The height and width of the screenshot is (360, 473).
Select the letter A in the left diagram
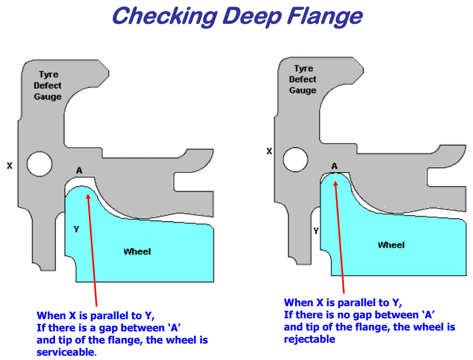[x=79, y=171]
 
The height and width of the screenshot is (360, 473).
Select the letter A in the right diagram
[x=334, y=166]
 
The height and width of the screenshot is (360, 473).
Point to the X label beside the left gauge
[x=10, y=165]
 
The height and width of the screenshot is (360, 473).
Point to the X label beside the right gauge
[x=269, y=151]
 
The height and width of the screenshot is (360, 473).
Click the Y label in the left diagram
[x=76, y=229]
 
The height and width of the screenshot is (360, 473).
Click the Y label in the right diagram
[x=316, y=231]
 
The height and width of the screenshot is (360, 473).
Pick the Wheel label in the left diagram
[x=137, y=251]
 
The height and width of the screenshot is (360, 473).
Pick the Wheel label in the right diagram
[x=391, y=245]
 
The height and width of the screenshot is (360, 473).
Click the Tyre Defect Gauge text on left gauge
[x=48, y=86]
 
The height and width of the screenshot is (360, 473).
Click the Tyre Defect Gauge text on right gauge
[x=303, y=79]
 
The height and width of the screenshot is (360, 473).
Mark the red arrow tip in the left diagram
[x=88, y=194]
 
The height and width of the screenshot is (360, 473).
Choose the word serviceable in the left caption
[x=65, y=352]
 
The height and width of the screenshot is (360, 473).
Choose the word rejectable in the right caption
[x=309, y=339]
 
